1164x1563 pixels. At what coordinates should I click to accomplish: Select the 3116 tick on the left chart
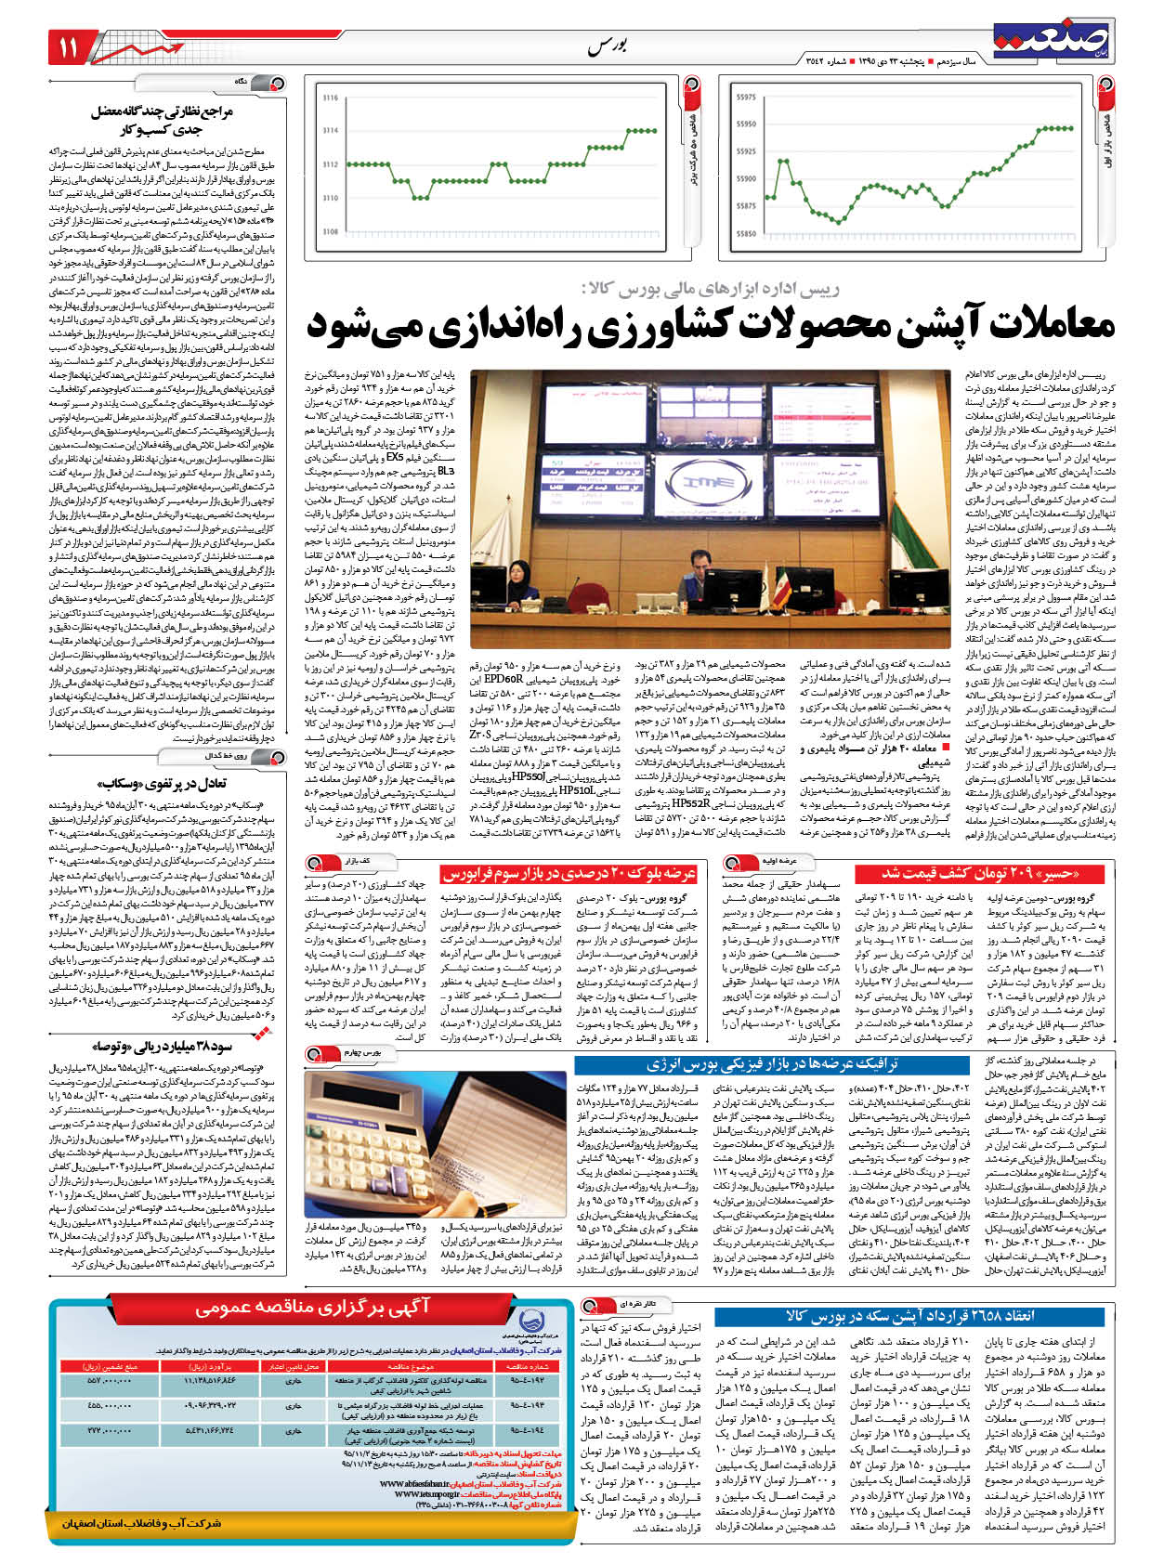tap(330, 97)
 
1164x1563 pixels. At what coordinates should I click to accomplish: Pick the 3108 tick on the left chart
tap(330, 231)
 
